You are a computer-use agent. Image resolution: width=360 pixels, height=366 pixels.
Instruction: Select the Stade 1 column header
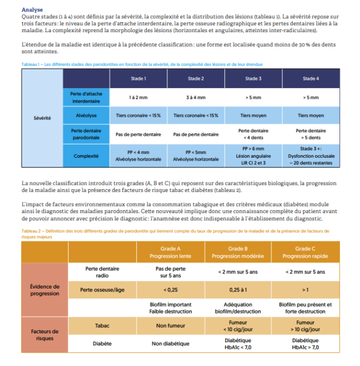pos(138,79)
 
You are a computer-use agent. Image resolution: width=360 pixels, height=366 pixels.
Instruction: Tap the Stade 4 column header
pos(311,79)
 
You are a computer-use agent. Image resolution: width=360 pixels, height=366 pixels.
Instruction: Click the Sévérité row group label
pos(42,118)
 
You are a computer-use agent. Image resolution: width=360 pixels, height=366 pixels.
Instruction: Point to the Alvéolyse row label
pos(86,116)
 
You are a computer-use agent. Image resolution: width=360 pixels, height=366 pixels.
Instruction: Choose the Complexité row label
pos(86,156)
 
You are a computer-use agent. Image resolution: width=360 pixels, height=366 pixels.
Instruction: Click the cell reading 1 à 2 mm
pos(138,97)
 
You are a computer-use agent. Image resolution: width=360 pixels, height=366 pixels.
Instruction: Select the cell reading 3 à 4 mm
pos(196,97)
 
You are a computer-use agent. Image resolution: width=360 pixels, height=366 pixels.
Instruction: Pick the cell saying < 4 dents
pos(253,134)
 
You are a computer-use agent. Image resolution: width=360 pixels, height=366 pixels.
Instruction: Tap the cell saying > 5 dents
pos(311,134)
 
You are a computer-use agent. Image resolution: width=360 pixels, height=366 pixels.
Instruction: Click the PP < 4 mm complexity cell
pos(138,156)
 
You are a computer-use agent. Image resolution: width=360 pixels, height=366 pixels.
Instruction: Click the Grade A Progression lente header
pos(170,252)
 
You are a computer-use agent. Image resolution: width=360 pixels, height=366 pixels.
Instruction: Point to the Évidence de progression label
pos(44,290)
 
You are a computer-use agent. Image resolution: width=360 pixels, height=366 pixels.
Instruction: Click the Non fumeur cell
pos(170,326)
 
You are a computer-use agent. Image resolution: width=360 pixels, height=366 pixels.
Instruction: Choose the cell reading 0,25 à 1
pos(238,290)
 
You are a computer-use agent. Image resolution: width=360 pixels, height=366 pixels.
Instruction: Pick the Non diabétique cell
pos(170,344)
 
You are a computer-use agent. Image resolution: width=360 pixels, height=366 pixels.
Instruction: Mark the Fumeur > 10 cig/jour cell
pos(305,326)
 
